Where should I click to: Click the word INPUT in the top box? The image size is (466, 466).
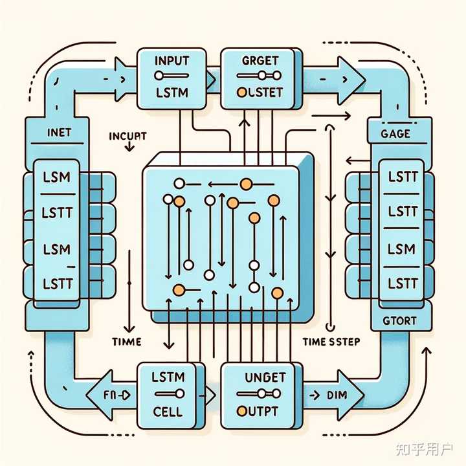pos(172,62)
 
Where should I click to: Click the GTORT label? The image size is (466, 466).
pos(400,320)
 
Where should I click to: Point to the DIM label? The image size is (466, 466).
pos(336,394)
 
